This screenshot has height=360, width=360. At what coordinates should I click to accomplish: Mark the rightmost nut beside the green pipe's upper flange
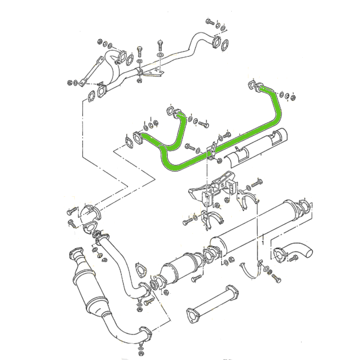click(293, 96)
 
